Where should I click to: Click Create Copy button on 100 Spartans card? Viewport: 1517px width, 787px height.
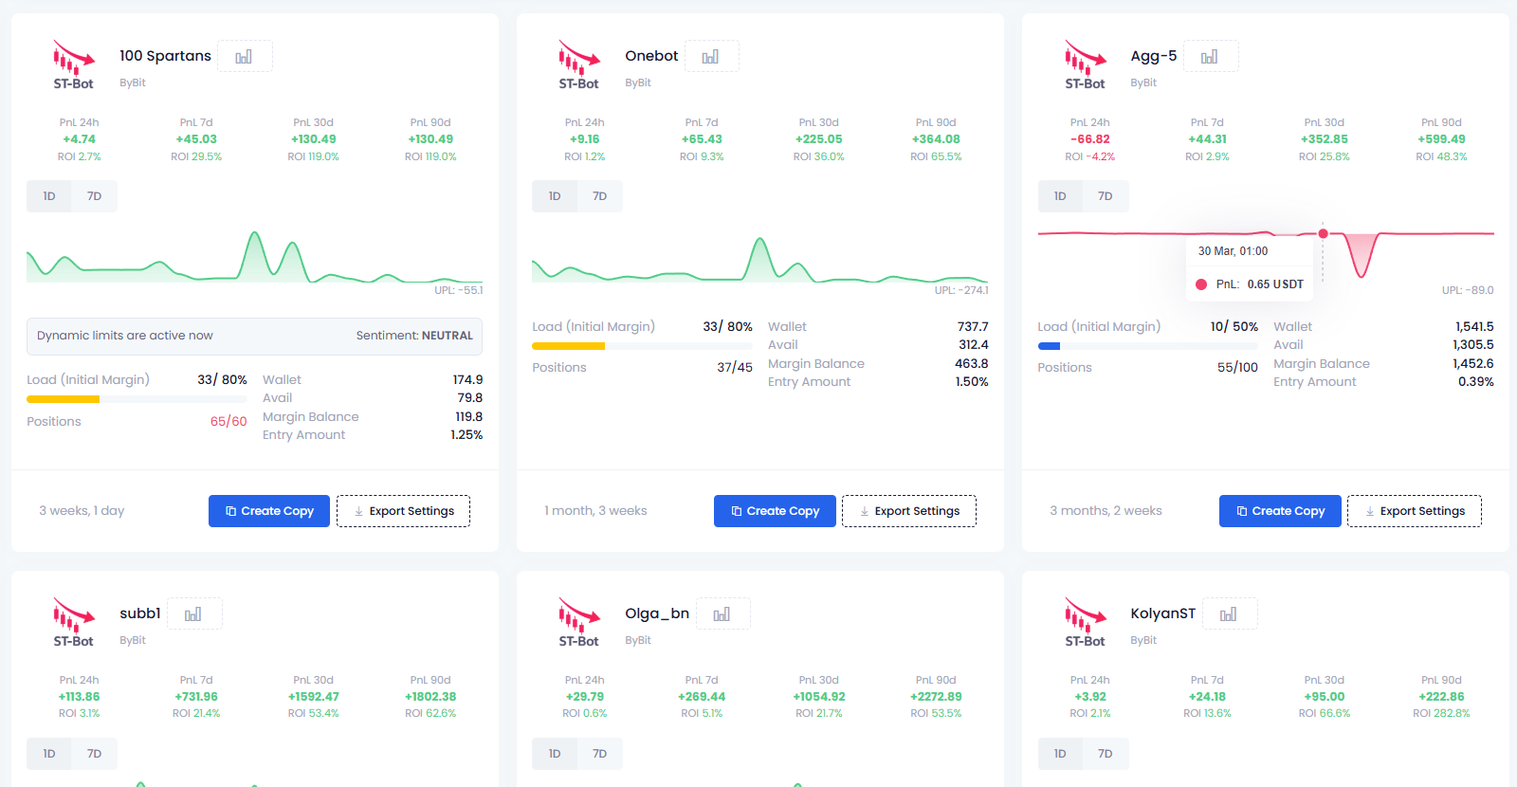pos(269,511)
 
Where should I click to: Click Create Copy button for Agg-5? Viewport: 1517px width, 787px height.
pos(1280,511)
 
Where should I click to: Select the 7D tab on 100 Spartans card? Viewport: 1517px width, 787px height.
pos(94,196)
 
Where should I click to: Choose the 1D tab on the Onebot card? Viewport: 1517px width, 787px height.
pos(555,196)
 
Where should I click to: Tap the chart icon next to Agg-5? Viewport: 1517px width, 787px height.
pos(1210,57)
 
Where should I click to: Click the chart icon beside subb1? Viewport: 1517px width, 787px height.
pos(193,614)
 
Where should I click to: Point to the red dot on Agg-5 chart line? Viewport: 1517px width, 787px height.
pos(1323,233)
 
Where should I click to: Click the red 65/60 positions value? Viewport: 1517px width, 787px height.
pos(228,421)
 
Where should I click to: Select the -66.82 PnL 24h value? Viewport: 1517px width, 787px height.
pos(1089,138)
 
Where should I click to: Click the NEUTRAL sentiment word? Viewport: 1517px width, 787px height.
pos(447,336)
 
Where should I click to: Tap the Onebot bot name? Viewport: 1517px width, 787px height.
pos(650,56)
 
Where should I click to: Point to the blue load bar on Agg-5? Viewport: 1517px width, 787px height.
pos(1049,346)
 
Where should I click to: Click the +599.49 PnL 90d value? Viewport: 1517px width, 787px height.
pos(1441,138)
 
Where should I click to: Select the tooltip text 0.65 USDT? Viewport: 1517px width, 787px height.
pos(1275,284)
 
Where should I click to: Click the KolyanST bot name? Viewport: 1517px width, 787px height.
pos(1162,613)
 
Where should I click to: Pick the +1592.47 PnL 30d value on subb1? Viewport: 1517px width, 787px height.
pos(313,696)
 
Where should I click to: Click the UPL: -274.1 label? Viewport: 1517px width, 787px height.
pos(961,290)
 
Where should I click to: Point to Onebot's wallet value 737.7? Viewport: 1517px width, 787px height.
pos(973,326)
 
